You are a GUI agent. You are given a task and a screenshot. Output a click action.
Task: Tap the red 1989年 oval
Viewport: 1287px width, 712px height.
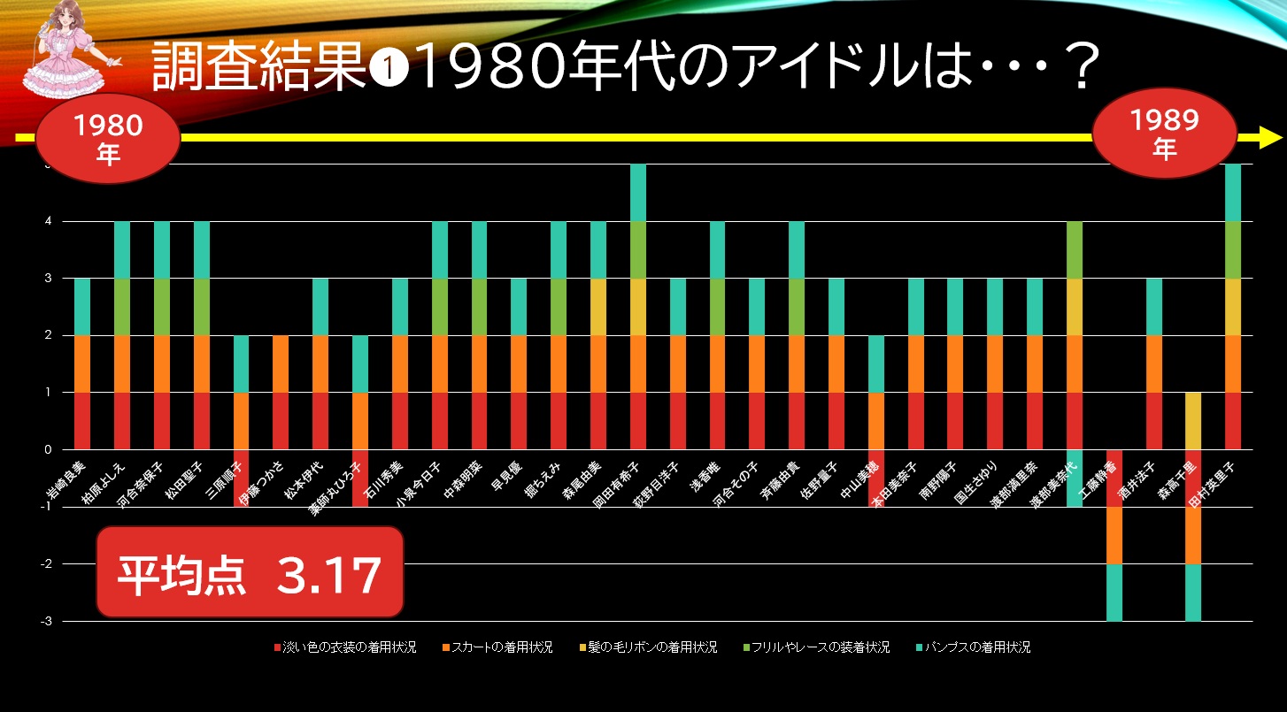pos(1164,135)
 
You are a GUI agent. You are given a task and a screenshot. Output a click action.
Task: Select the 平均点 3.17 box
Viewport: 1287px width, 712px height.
pos(250,572)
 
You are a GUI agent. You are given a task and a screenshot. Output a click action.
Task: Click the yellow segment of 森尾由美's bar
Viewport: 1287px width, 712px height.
pos(598,307)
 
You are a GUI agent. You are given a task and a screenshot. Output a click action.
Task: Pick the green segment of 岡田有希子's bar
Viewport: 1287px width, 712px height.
pos(638,249)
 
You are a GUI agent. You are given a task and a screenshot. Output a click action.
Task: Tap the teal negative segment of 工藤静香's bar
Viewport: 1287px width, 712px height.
pos(1114,592)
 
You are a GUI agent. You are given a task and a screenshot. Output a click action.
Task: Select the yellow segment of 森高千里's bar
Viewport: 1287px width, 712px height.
pos(1193,421)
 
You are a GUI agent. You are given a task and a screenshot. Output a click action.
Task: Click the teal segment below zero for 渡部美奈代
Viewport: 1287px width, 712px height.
pos(1074,478)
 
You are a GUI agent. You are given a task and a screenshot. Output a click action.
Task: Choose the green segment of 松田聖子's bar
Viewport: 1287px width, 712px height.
pos(202,307)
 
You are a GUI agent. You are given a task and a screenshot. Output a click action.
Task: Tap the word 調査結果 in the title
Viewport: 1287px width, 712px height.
pos(257,69)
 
